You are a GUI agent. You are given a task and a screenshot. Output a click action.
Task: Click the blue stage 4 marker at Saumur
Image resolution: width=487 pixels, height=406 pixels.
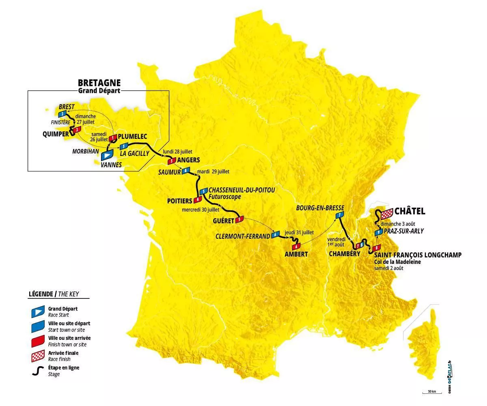click(x=186, y=171)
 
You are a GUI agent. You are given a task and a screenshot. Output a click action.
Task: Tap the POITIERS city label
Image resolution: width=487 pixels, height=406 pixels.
click(x=179, y=201)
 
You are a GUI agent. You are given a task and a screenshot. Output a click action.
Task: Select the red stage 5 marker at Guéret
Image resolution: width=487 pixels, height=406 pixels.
click(x=239, y=220)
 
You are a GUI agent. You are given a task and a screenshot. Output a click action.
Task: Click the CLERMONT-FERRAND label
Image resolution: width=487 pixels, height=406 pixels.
click(x=243, y=236)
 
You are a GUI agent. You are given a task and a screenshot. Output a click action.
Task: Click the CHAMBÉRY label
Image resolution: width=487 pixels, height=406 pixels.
click(x=345, y=254)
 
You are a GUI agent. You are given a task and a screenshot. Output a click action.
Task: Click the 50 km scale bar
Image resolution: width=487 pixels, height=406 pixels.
click(x=431, y=393)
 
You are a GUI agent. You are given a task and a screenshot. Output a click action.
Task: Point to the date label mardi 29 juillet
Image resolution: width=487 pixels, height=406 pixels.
click(x=213, y=172)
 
